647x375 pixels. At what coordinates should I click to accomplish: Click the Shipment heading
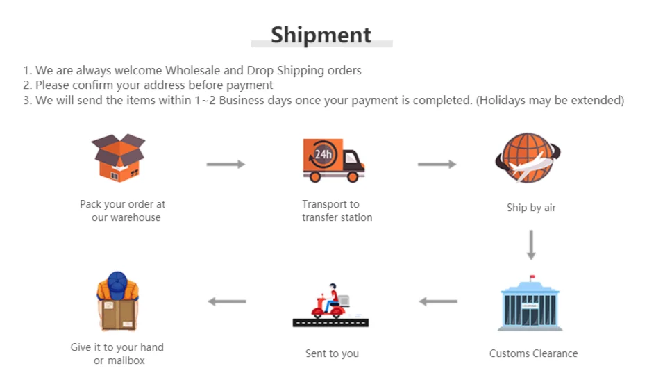click(x=321, y=35)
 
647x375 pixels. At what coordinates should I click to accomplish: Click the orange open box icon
click(x=118, y=158)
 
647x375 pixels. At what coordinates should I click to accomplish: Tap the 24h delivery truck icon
click(x=333, y=160)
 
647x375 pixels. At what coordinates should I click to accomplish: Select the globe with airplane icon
click(x=528, y=158)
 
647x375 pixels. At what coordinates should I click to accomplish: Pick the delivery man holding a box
click(x=117, y=302)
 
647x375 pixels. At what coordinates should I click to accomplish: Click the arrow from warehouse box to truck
click(x=226, y=164)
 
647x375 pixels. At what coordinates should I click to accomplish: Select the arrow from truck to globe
click(x=437, y=164)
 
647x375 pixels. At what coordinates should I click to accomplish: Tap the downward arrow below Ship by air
click(x=531, y=245)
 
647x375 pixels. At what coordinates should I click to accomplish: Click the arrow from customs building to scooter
click(x=438, y=301)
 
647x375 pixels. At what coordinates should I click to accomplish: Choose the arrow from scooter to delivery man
click(x=227, y=301)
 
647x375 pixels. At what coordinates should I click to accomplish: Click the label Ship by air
click(x=531, y=208)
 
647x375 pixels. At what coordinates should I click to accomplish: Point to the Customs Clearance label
click(x=533, y=353)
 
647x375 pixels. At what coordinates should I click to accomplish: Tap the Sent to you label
click(x=332, y=353)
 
